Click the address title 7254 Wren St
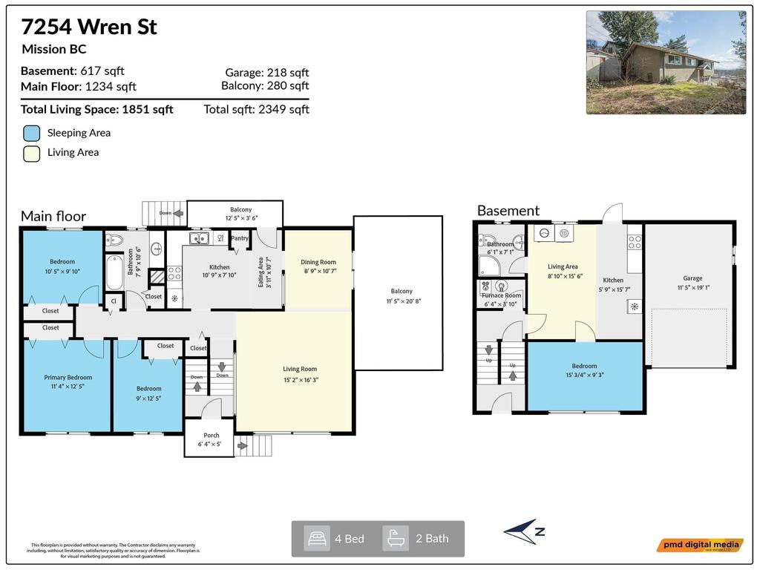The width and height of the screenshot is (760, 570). click(x=88, y=27)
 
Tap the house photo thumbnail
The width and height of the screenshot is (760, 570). click(x=666, y=62)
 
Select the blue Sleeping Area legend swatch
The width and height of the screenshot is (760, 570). click(x=31, y=134)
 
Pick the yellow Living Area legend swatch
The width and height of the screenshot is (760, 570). click(x=31, y=153)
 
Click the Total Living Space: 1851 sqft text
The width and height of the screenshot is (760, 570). click(x=96, y=110)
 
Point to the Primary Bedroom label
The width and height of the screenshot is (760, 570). click(x=68, y=377)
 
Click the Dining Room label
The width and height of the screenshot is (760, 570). click(x=318, y=262)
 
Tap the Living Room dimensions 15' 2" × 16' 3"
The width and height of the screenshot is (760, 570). click(x=300, y=379)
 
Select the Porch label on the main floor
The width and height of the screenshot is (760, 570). click(x=212, y=436)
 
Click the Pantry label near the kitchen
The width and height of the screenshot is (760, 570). click(x=240, y=238)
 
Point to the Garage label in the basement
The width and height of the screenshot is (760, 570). click(x=692, y=278)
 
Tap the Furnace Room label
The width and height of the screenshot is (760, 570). click(x=502, y=295)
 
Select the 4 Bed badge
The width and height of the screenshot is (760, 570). click(x=338, y=539)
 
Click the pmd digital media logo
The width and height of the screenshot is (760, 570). click(x=699, y=546)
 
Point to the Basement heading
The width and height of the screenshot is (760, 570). click(x=508, y=211)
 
